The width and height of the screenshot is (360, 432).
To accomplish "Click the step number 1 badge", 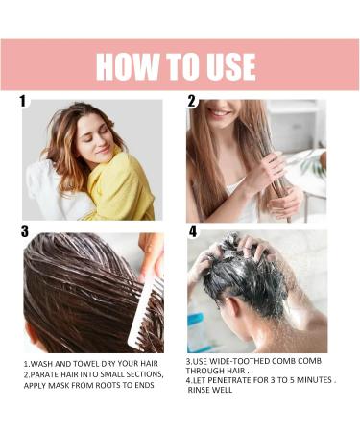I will [x=23, y=100].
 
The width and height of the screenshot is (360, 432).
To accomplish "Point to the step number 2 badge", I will [x=192, y=100].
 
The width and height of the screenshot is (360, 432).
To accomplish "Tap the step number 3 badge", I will [x=25, y=230].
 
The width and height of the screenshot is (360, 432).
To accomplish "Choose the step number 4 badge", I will [x=193, y=231].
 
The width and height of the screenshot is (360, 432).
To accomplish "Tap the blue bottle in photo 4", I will [x=199, y=331].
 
